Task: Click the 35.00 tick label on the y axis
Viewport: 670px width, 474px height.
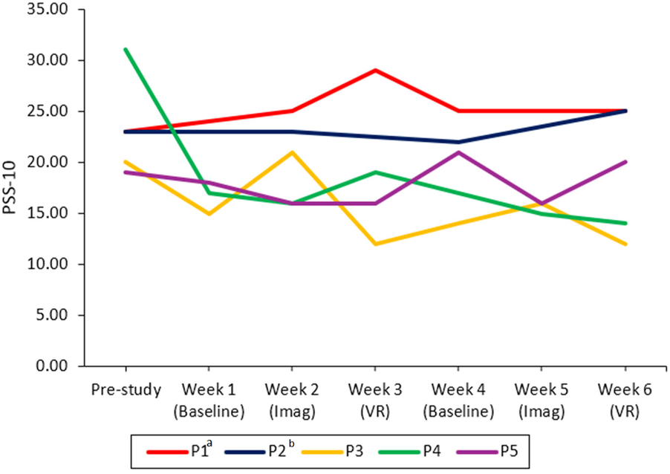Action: (56, 10)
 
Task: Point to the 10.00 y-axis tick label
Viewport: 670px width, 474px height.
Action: (56, 264)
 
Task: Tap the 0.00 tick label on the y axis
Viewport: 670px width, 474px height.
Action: (59, 366)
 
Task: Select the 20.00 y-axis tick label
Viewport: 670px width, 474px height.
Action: (56, 163)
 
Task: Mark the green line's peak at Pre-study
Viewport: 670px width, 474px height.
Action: (126, 50)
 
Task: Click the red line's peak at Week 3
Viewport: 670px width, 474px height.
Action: (375, 71)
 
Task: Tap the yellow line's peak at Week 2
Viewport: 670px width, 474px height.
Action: (292, 152)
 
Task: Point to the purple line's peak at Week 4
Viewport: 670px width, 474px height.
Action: (458, 152)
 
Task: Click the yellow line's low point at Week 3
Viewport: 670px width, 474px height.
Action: (375, 244)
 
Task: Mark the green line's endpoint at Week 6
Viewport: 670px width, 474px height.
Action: (625, 223)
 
